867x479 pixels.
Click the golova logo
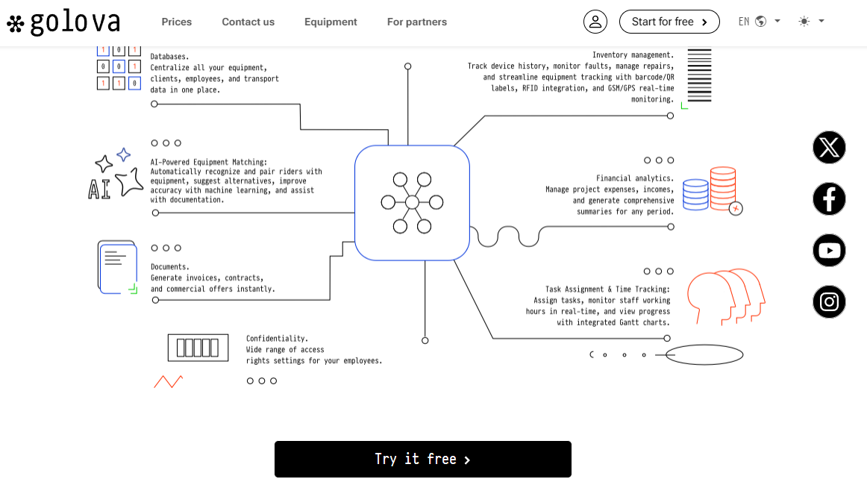(x=63, y=22)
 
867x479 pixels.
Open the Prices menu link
(x=177, y=22)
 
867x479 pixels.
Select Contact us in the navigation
(x=248, y=22)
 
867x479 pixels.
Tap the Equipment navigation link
(x=331, y=22)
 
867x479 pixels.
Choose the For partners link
(x=417, y=22)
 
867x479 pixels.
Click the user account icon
(x=595, y=22)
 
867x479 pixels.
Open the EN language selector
(x=759, y=22)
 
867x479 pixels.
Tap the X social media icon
(x=829, y=147)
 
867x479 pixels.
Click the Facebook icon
(x=829, y=198)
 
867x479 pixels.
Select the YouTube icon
(x=829, y=250)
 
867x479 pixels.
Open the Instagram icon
(x=829, y=301)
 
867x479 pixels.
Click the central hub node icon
(x=412, y=202)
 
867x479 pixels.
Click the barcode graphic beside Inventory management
(x=699, y=75)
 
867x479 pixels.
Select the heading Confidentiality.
(x=277, y=338)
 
